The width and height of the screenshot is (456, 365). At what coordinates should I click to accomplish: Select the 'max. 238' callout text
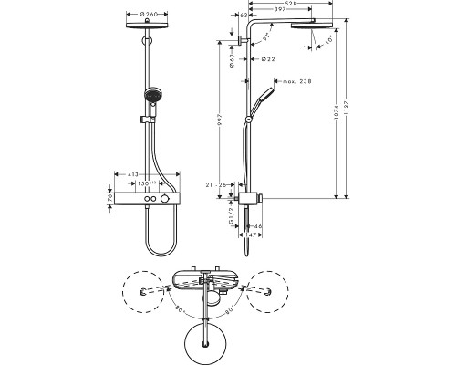pyautogui.click(x=295, y=81)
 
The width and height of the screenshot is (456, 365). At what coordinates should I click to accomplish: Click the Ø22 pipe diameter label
pyautogui.click(x=268, y=59)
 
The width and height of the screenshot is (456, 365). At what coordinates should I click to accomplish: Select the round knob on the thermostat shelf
pyautogui.click(x=165, y=200)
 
